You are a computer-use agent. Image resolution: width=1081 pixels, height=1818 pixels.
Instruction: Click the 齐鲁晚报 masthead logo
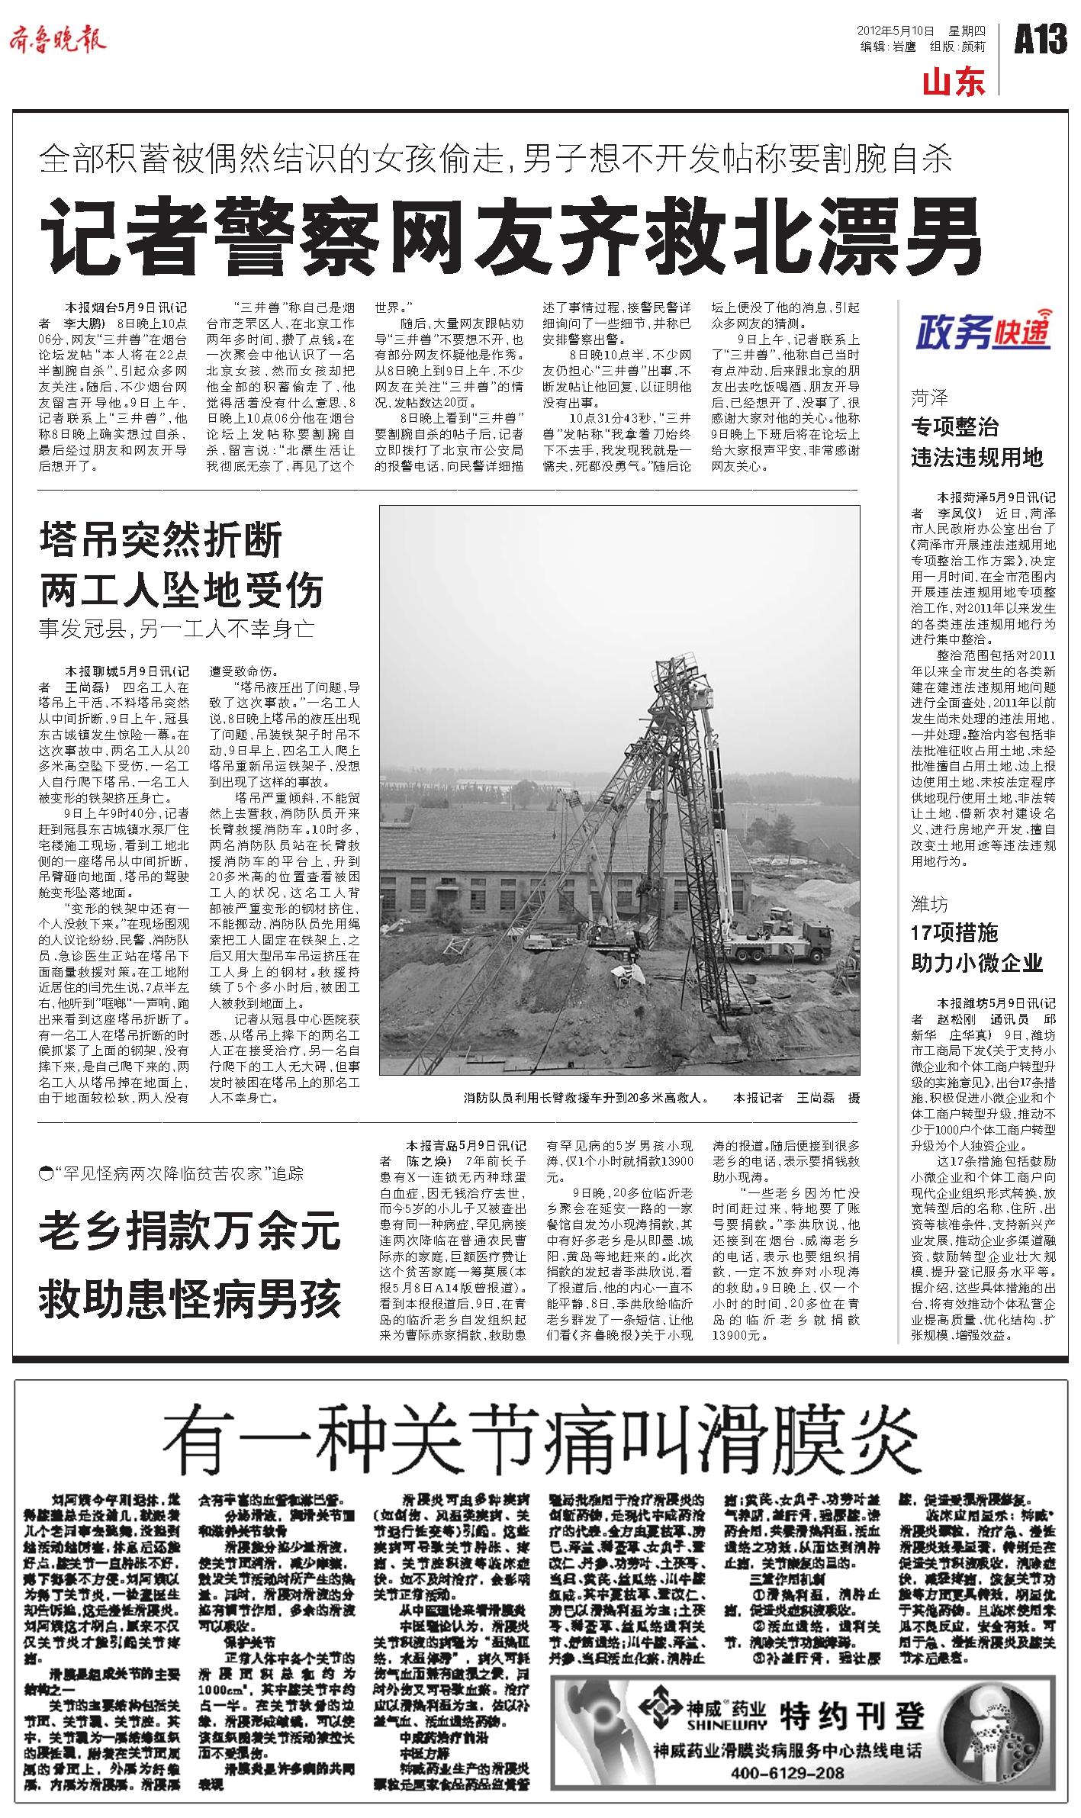(x=58, y=40)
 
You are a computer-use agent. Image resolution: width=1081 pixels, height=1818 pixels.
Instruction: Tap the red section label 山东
(x=954, y=82)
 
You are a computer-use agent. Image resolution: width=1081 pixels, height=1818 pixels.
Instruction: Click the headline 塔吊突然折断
(x=161, y=540)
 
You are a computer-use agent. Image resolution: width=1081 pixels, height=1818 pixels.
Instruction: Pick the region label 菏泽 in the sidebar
(x=930, y=397)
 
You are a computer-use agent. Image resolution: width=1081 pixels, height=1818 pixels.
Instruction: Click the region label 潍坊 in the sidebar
(x=930, y=905)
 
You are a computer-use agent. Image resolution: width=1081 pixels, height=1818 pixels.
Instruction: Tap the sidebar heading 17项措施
(x=954, y=932)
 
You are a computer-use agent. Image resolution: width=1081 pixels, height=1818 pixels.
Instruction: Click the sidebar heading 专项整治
(x=954, y=426)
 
